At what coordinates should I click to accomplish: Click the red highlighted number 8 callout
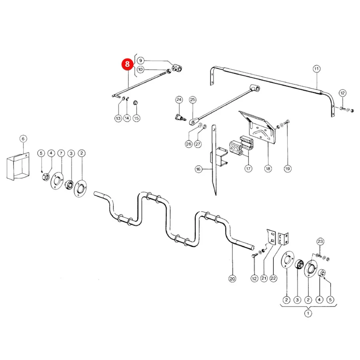click(127, 64)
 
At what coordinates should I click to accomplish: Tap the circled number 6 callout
click(23, 139)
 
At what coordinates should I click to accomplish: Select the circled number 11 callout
click(317, 69)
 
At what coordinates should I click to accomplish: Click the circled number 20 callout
click(232, 279)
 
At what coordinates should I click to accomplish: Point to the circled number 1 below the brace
click(308, 313)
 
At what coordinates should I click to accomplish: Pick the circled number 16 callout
click(198, 169)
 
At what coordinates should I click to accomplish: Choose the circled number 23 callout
click(320, 241)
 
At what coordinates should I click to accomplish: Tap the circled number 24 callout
click(179, 100)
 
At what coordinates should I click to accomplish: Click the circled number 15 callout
click(136, 118)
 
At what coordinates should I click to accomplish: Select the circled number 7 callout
click(61, 153)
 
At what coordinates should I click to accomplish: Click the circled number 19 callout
click(288, 169)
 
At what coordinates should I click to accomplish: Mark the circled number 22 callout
click(273, 278)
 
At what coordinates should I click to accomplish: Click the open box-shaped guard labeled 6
click(18, 166)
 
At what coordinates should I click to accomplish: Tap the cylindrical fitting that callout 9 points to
click(177, 68)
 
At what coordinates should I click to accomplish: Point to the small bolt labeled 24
click(179, 118)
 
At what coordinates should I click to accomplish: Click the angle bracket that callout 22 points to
click(283, 238)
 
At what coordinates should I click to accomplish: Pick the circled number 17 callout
click(248, 169)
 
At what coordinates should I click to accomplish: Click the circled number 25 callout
click(193, 100)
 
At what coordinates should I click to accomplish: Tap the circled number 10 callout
click(140, 69)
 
